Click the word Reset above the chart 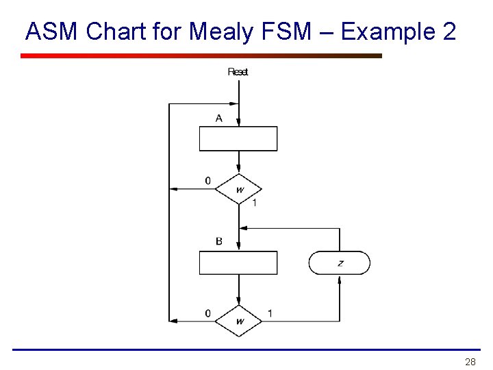[x=238, y=71]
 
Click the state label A [x=218, y=119]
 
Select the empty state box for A [x=238, y=138]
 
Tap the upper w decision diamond [x=239, y=189]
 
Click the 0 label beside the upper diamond [x=208, y=181]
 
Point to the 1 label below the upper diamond [x=254, y=203]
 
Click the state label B [x=218, y=241]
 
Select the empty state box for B [x=238, y=263]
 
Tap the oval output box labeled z [x=340, y=263]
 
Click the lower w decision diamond [x=239, y=321]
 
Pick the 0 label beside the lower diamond [x=208, y=313]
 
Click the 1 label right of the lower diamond [x=270, y=313]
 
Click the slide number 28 [x=470, y=361]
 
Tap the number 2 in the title [x=448, y=32]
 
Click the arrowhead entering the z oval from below [x=340, y=279]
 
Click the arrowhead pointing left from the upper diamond [x=174, y=189]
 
